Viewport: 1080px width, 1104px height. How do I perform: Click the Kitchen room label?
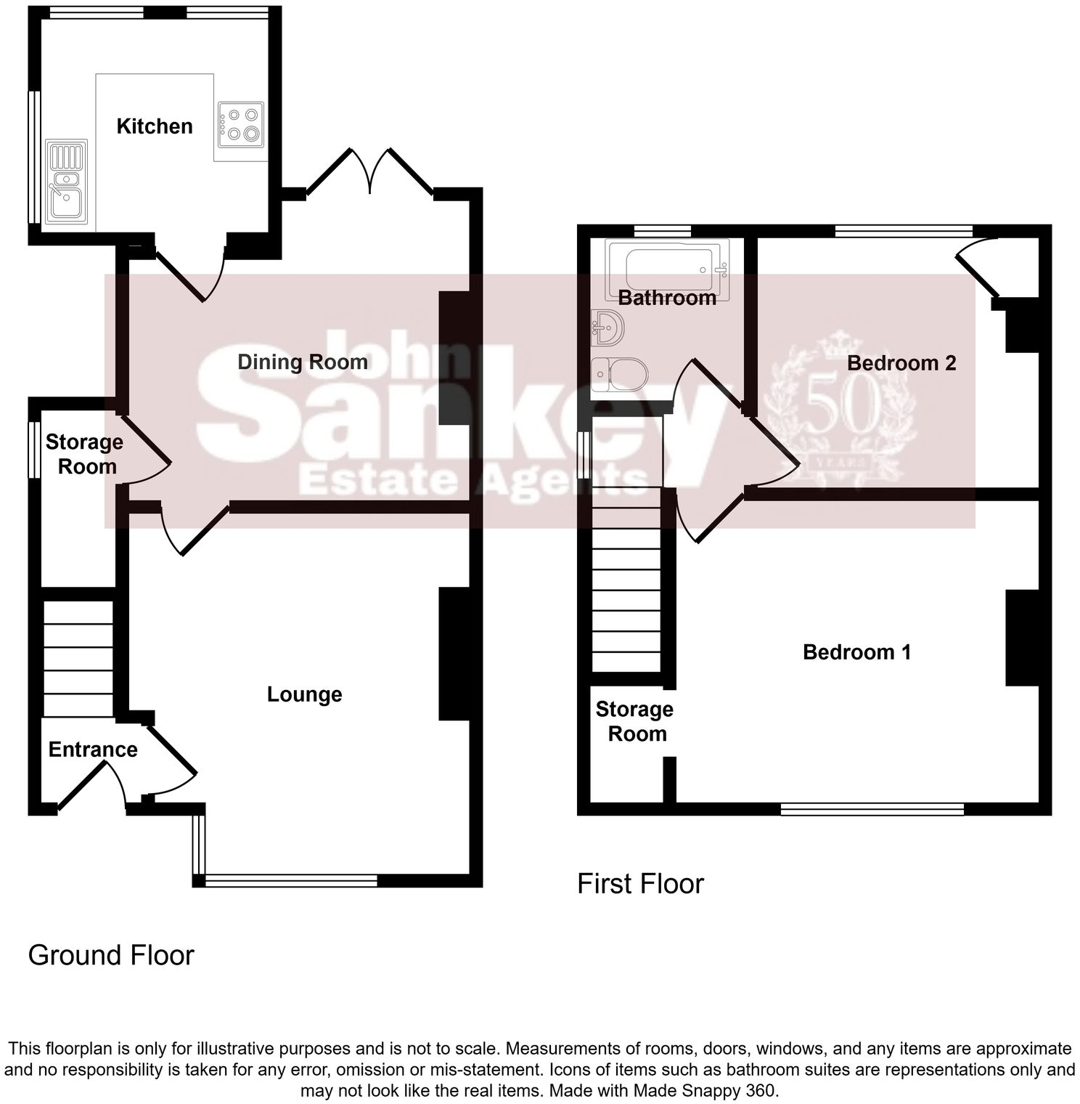tap(155, 126)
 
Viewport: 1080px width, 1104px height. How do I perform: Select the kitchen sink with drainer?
tap(66, 181)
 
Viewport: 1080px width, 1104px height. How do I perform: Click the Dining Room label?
tap(303, 362)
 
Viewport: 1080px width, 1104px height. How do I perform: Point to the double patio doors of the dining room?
tap(370, 171)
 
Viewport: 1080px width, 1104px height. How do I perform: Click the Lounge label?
tap(304, 694)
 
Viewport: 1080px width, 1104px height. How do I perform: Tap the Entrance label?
tap(93, 750)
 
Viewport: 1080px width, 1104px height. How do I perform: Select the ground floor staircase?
tap(78, 658)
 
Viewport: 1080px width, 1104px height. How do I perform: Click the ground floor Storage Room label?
tap(85, 454)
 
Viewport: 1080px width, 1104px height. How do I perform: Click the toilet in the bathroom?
tap(618, 376)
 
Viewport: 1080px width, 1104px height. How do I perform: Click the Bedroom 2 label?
tap(901, 362)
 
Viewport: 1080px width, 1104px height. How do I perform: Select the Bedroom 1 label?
tap(856, 652)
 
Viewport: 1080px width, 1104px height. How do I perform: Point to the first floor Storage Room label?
tap(634, 721)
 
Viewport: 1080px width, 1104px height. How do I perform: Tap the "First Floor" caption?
tap(640, 884)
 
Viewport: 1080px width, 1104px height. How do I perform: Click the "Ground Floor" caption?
tap(111, 955)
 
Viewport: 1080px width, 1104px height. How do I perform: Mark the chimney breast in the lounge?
tap(454, 653)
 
